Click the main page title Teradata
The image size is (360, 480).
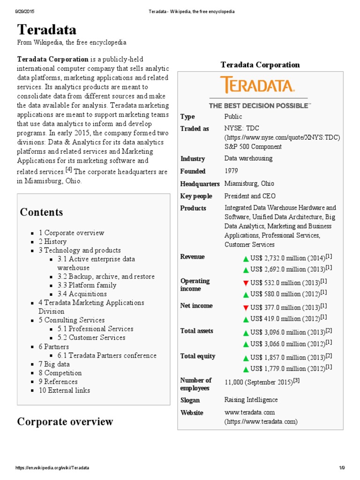point(47,30)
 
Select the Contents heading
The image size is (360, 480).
point(41,212)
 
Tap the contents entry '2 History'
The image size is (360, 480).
point(52,241)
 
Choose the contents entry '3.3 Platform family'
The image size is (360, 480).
point(87,285)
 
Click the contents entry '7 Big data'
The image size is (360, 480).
point(54,364)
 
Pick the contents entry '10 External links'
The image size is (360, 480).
point(64,390)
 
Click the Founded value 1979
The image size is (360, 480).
point(232,171)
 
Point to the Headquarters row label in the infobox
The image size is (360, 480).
point(200,184)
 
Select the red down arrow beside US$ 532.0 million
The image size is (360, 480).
point(246,283)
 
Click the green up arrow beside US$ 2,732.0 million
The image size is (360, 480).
point(246,259)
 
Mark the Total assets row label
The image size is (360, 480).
point(197,331)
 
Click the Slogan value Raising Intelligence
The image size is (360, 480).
point(251,400)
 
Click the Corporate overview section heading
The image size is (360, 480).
point(65,421)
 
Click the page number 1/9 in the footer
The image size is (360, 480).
point(342,468)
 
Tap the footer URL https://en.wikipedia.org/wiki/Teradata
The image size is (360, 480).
point(52,468)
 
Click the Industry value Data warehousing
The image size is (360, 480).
point(248,158)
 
